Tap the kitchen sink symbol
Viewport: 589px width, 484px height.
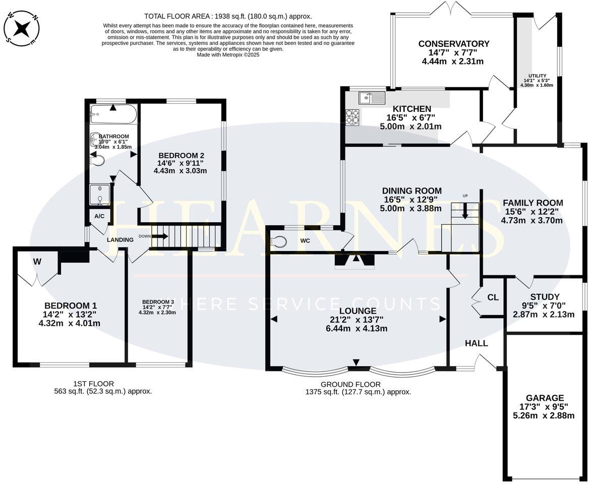tap(372, 98)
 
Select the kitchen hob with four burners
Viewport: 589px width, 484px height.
tap(352, 117)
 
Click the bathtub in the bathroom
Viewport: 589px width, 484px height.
tap(113, 115)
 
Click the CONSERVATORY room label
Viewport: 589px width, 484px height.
tap(453, 44)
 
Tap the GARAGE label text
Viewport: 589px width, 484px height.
tap(544, 398)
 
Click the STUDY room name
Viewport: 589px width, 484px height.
tap(545, 296)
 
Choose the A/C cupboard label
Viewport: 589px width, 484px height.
tap(99, 216)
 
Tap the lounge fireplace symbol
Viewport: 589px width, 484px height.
tap(356, 260)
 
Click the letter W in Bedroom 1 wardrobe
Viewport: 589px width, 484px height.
tap(37, 261)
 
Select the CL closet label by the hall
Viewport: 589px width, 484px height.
tap(493, 297)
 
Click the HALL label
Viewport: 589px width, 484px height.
tap(476, 343)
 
